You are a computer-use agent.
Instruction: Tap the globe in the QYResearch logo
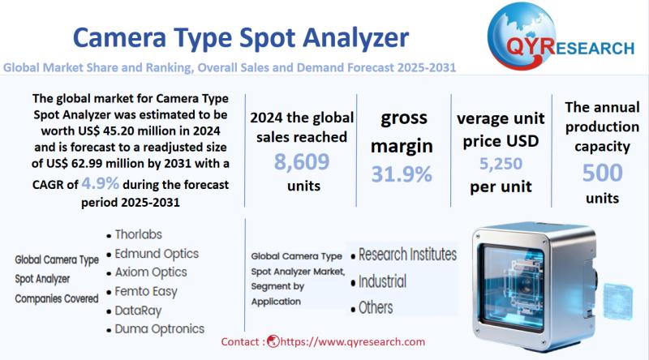(522, 36)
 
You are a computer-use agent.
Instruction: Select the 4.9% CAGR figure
(100, 182)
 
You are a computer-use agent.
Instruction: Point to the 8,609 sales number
(302, 162)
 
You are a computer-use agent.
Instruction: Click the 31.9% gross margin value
(402, 174)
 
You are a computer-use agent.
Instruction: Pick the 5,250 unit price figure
(501, 164)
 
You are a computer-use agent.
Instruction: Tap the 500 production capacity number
(602, 173)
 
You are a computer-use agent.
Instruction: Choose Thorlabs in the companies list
(138, 234)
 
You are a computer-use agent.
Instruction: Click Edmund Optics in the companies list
(157, 254)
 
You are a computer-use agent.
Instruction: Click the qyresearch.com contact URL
(353, 342)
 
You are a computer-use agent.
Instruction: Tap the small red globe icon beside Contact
(273, 341)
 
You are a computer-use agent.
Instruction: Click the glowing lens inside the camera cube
(526, 286)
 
